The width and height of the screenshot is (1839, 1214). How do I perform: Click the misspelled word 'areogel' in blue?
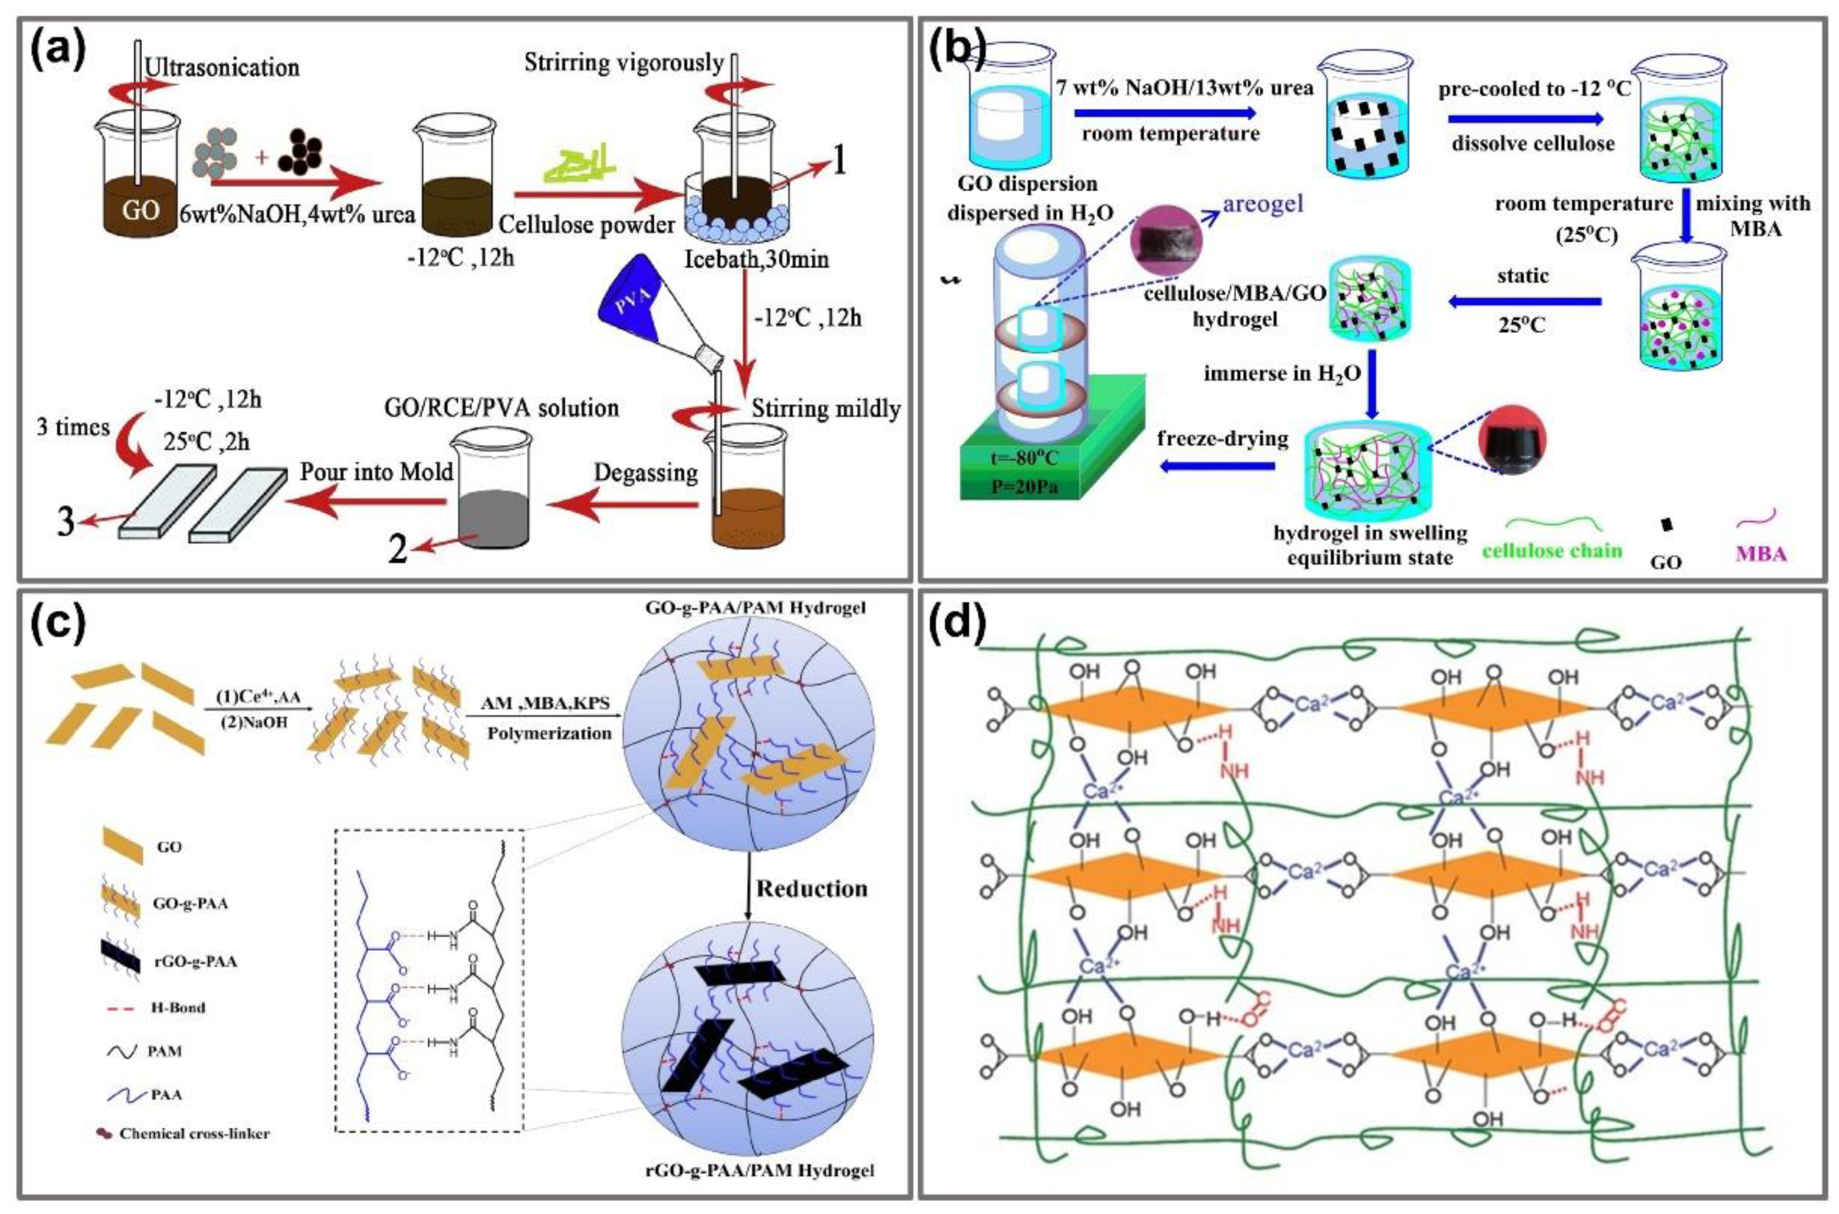click(1262, 204)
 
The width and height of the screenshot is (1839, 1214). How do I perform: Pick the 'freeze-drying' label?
click(1223, 438)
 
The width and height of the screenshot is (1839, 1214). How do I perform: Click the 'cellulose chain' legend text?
click(1553, 550)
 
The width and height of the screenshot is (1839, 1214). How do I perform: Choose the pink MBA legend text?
click(1761, 554)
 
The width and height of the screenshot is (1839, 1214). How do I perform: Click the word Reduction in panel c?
click(811, 888)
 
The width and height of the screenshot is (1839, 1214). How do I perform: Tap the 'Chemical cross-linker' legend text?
click(194, 1133)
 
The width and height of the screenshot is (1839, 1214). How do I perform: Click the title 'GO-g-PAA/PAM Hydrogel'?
click(755, 608)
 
